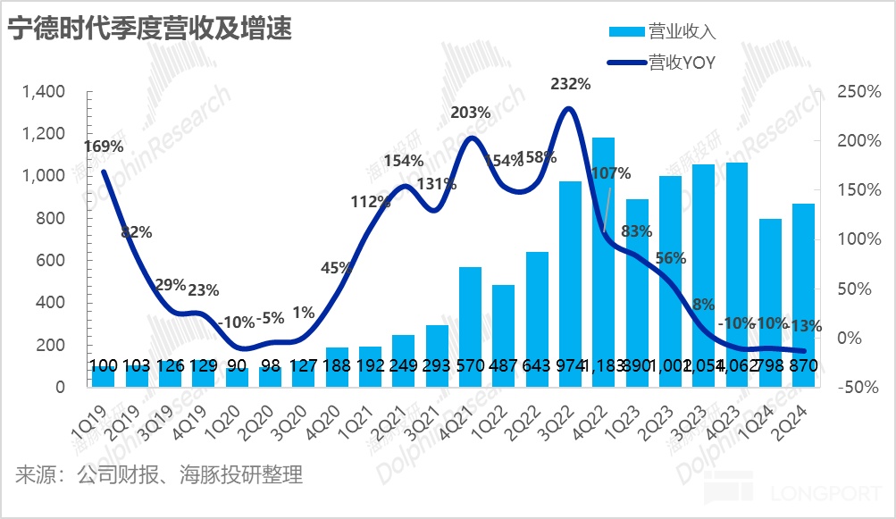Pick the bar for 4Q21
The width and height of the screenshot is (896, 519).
[470, 327]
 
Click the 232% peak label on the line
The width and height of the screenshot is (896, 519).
[571, 85]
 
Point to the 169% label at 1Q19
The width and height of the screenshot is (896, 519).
[104, 146]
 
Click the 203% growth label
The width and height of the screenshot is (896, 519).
[471, 113]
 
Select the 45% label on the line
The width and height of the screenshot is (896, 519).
[337, 268]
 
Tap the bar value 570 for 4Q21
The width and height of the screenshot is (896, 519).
[470, 366]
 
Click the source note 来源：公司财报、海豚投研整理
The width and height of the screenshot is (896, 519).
[159, 474]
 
